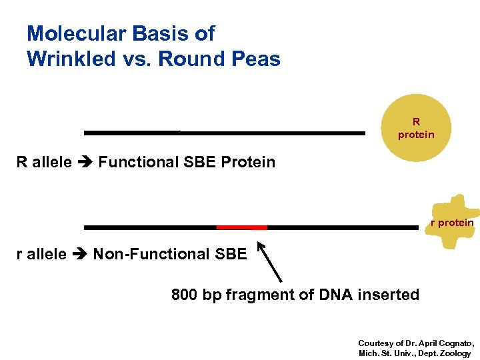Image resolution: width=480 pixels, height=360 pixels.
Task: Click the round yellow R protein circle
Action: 416,129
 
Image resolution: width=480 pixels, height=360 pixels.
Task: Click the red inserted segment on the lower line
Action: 242,227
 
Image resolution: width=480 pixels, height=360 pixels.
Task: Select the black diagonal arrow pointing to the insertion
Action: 270,262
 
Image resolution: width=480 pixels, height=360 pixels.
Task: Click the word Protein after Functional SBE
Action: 248,162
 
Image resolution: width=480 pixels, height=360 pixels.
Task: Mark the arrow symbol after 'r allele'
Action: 79,254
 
